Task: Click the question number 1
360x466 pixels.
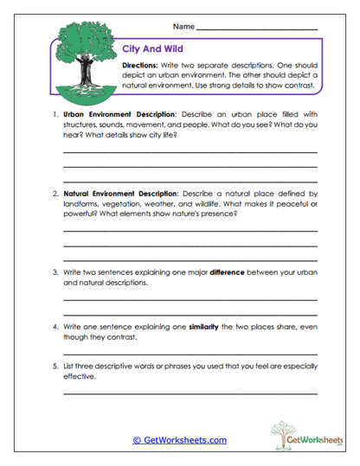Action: coord(54,114)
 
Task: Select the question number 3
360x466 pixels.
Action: coord(54,272)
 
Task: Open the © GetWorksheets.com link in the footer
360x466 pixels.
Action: coord(179,440)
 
